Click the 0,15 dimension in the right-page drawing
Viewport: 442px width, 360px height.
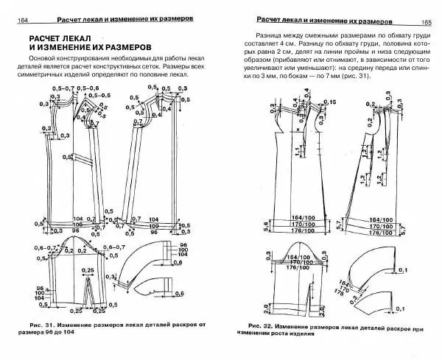(329, 101)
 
